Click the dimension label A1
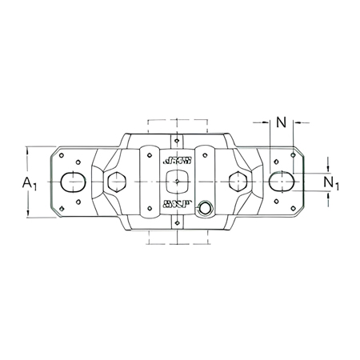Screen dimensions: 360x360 click(x=30, y=184)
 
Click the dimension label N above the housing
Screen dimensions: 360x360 click(x=281, y=122)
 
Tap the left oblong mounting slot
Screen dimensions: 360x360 click(x=73, y=181)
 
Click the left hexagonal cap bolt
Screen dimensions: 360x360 click(x=116, y=181)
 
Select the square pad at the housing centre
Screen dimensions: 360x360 click(x=177, y=181)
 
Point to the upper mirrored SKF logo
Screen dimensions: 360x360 click(x=177, y=159)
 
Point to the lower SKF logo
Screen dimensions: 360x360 click(x=177, y=204)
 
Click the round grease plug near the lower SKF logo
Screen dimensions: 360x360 click(x=206, y=210)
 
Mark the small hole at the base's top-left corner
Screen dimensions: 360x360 click(x=64, y=155)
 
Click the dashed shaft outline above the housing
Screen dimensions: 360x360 click(x=177, y=126)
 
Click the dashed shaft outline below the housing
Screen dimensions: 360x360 click(x=177, y=236)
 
